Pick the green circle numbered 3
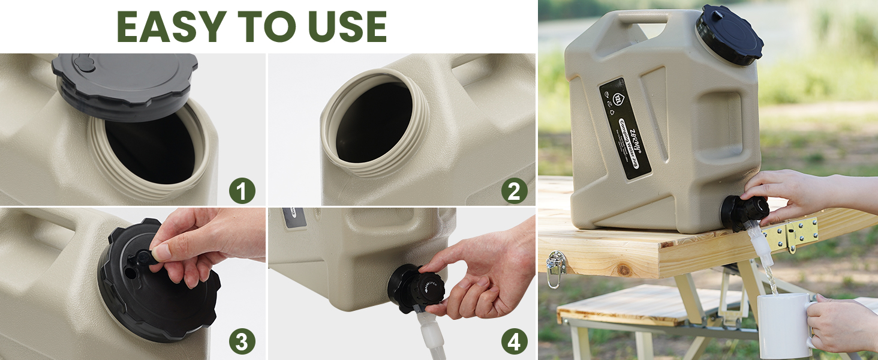[x=242, y=342]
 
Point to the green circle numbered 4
[x=514, y=342]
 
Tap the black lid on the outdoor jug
[x=729, y=34]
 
